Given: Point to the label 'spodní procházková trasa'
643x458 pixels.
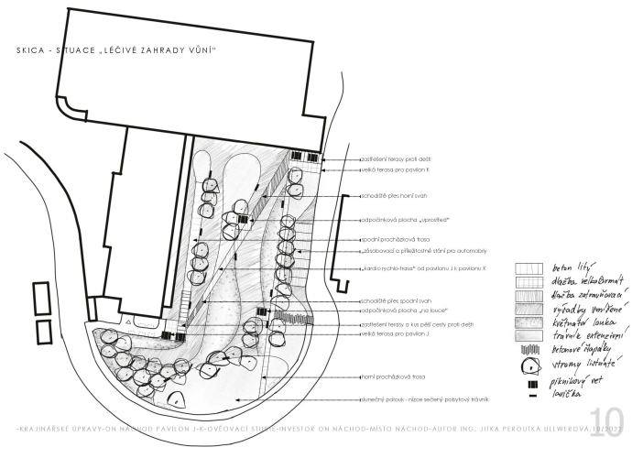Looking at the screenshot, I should (x=395, y=239).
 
